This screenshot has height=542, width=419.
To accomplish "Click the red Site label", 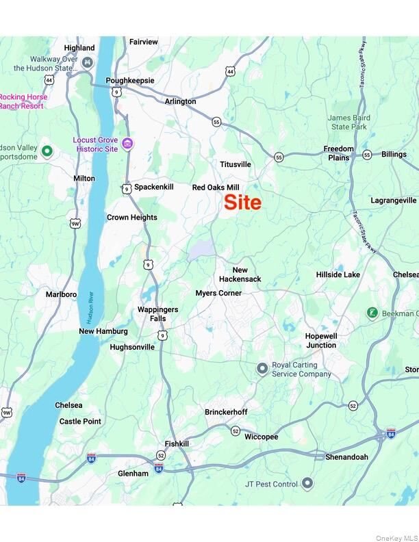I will tap(243, 203).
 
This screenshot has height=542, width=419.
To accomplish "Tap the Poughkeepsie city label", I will tap(130, 80).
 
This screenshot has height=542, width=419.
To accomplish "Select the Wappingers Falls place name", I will tap(157, 314).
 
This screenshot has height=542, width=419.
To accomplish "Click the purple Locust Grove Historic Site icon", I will tap(128, 144).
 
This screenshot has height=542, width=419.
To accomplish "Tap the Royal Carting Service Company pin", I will tap(262, 369).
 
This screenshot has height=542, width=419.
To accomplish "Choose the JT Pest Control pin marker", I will tap(307, 484).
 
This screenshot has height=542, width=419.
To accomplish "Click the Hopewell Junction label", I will tap(321, 341).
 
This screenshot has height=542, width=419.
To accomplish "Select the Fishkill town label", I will tap(177, 443).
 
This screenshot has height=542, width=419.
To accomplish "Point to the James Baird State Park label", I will tap(349, 122).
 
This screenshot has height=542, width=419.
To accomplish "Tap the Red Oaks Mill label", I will tap(216, 187).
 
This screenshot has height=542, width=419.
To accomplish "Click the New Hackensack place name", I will tap(240, 274).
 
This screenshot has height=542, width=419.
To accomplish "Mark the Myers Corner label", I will tap(218, 293).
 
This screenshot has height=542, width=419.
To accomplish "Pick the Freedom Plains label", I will tap(339, 153).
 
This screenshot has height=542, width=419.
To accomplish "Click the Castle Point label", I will tap(80, 422).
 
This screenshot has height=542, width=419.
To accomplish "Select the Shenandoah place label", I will tap(346, 456).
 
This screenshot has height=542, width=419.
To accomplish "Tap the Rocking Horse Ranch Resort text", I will tap(24, 101).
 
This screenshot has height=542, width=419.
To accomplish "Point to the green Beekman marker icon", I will tap(372, 313).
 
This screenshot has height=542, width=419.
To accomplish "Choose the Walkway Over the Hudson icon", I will tap(87, 63).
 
